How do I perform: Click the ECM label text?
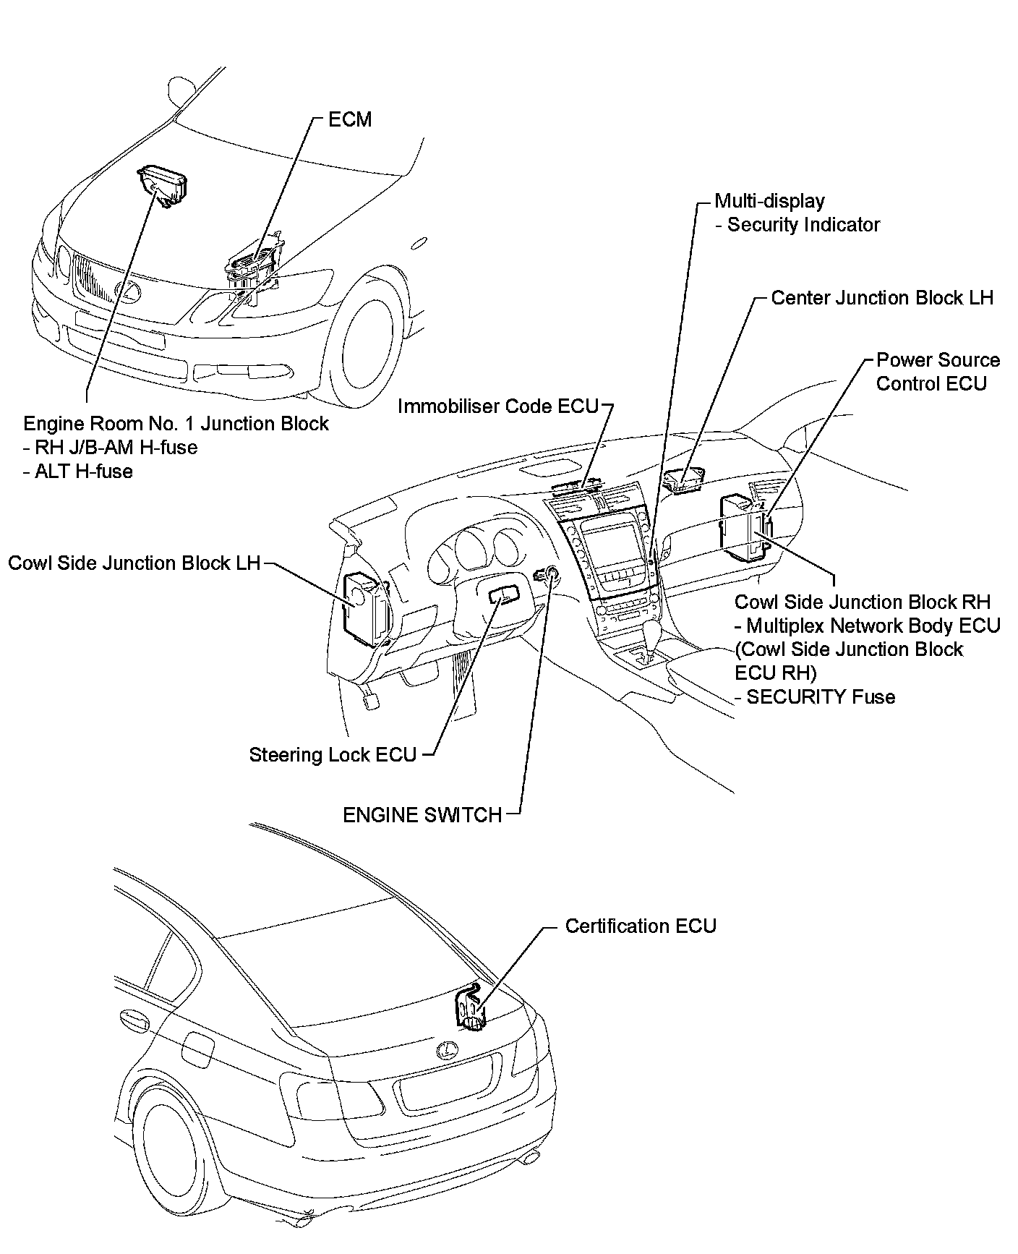(350, 119)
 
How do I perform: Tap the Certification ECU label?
(640, 926)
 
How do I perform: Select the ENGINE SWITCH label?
(422, 815)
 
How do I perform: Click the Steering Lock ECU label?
(333, 755)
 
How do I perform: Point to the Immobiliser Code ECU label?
(498, 406)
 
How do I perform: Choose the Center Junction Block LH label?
(882, 298)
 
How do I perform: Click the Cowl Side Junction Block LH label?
(134, 563)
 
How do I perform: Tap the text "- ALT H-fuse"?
(78, 472)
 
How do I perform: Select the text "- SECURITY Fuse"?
(815, 697)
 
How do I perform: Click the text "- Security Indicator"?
(797, 225)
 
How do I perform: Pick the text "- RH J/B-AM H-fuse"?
(110, 448)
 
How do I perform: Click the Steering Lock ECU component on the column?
(503, 594)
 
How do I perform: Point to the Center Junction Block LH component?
(683, 481)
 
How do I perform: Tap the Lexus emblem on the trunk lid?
(447, 1050)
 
